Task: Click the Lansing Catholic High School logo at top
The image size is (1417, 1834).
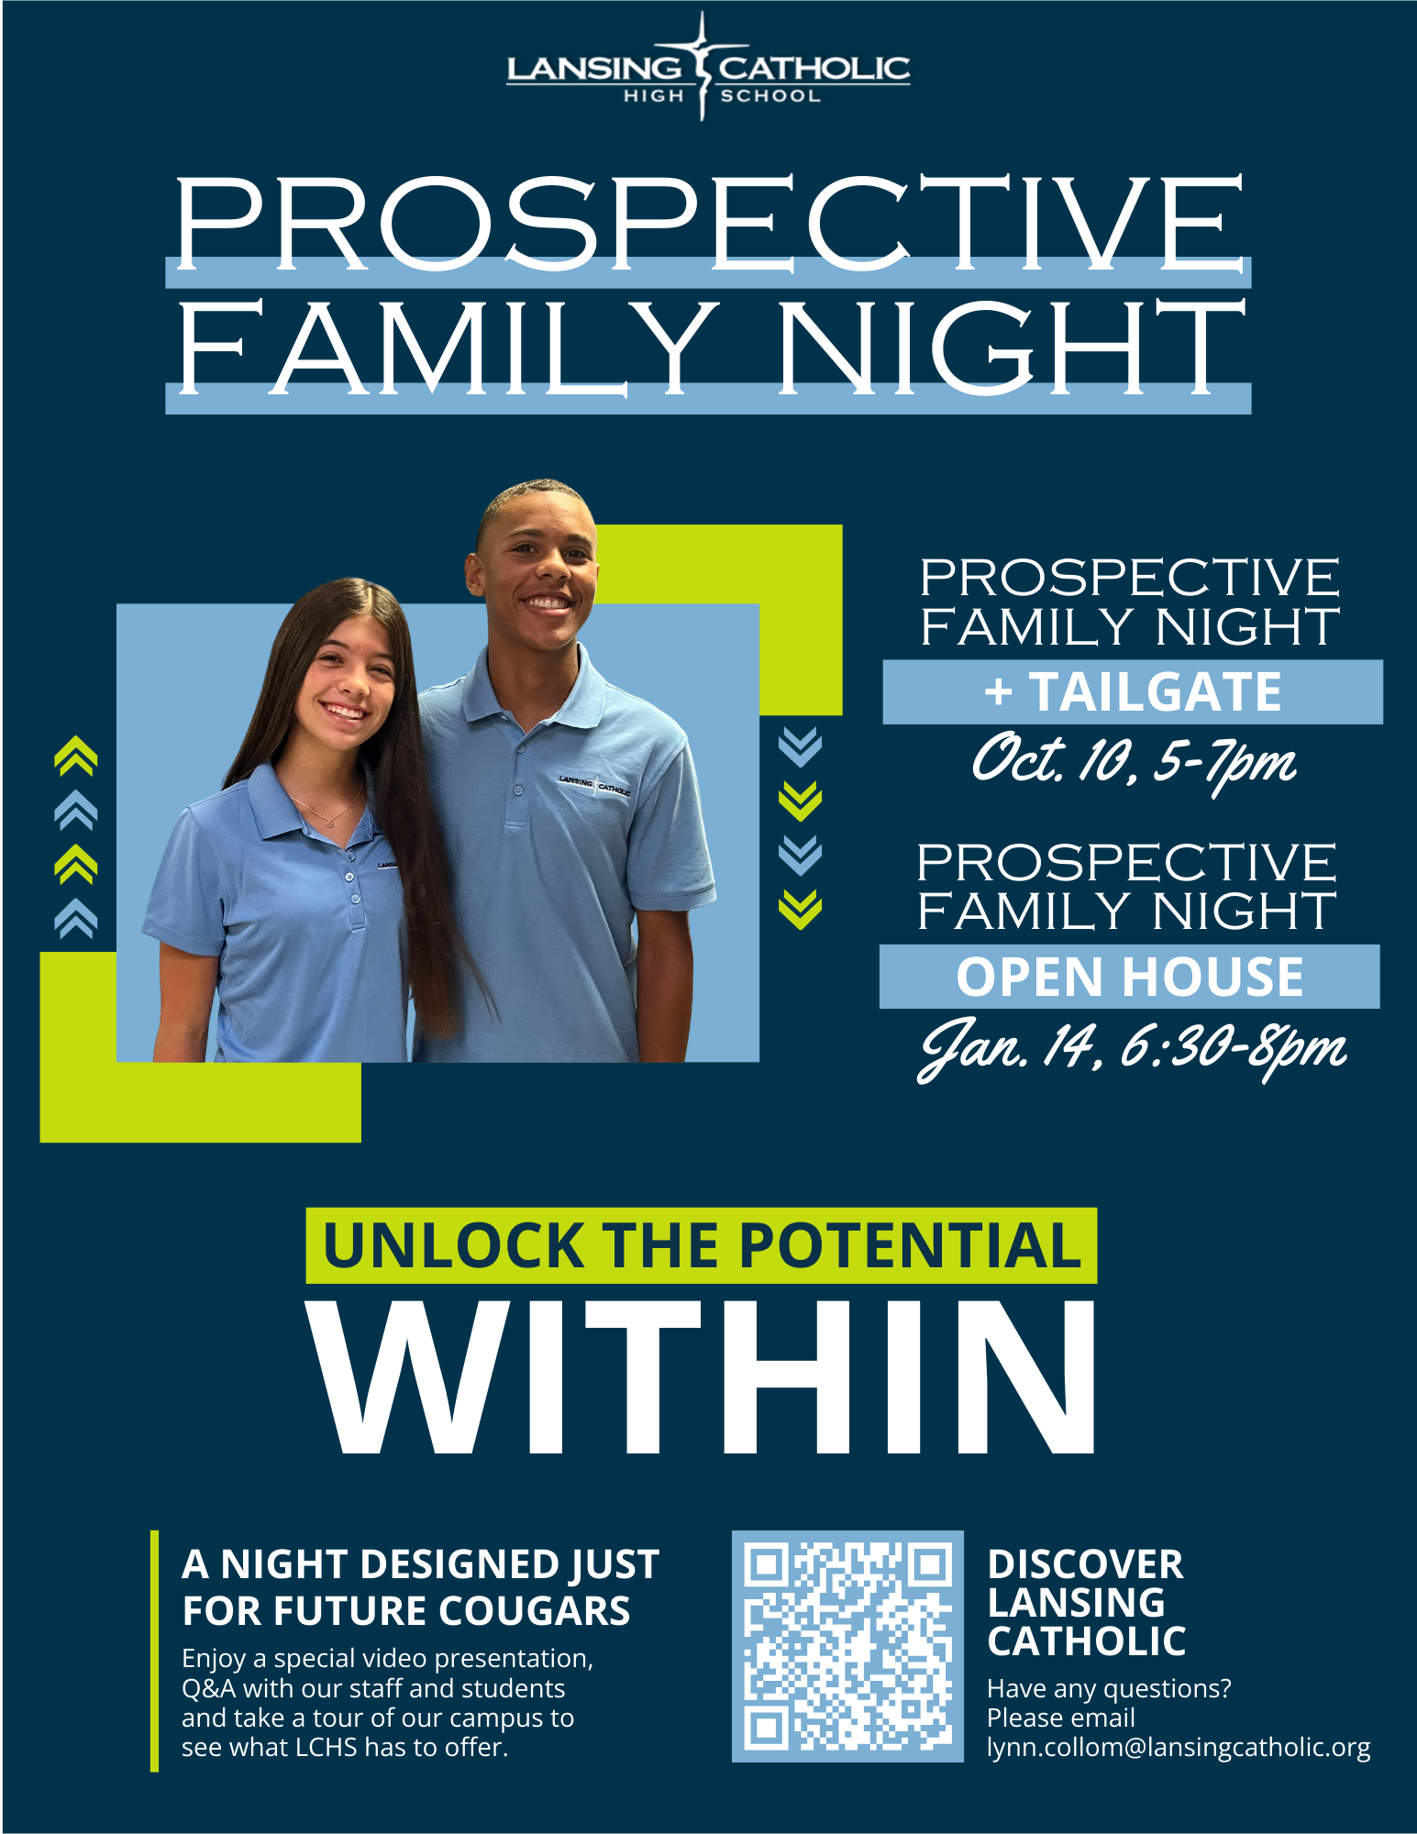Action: pos(708,68)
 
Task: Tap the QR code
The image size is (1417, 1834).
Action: pos(847,1646)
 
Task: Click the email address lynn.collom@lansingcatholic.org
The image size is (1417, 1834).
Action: pos(1179,1748)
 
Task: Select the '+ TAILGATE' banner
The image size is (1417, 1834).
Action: pos(1133,691)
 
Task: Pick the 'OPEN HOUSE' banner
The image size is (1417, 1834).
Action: pos(1130,977)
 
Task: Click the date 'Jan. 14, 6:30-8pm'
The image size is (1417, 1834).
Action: pos(1133,1048)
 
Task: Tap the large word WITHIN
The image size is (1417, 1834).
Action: pos(703,1377)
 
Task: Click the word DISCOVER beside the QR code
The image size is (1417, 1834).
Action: pos(1085,1564)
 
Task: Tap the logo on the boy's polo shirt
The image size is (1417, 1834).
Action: pos(595,784)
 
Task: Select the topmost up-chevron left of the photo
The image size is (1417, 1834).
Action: pos(75,756)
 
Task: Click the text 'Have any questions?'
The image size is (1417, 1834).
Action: pos(1109,1688)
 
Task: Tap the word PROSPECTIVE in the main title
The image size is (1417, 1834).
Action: pos(709,223)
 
